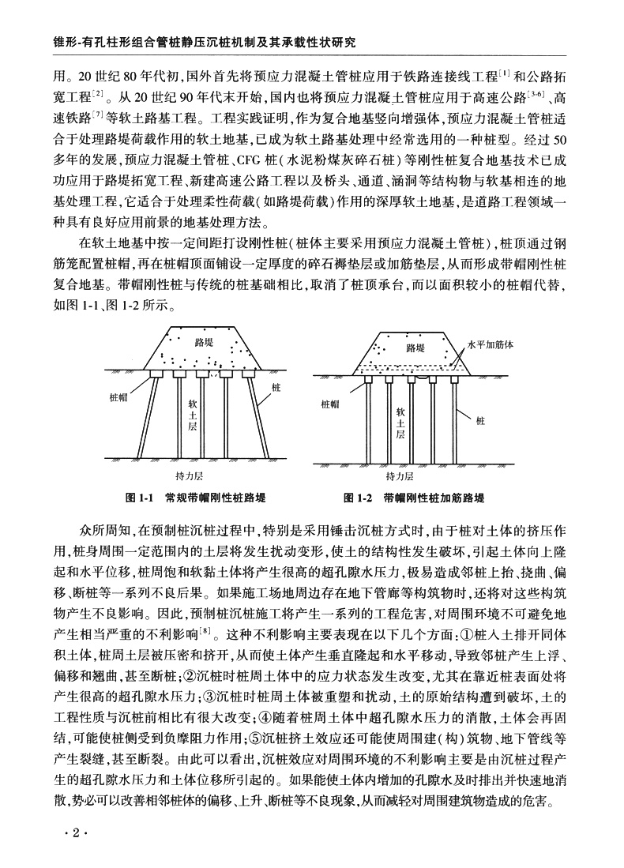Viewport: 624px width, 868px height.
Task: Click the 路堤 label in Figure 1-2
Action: pos(416,347)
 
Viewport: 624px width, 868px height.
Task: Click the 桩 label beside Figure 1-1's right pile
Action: pos(276,388)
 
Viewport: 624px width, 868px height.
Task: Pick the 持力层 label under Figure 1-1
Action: pos(190,476)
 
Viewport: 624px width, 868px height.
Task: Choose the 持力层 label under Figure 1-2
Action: pos(400,476)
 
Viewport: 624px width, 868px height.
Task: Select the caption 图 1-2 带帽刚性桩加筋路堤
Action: pos(414,498)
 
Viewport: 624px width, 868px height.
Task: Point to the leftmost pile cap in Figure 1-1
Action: pos(158,371)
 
